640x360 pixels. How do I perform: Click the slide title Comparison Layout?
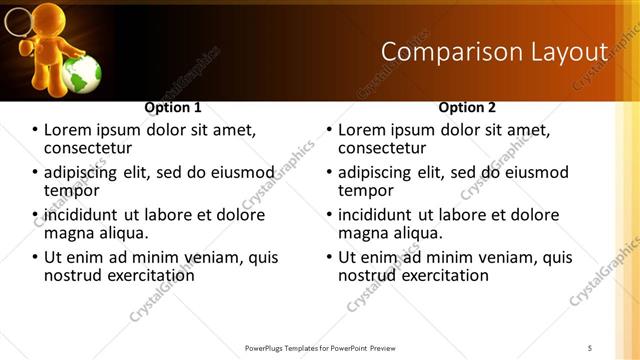495,51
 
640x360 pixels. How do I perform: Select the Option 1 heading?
173,107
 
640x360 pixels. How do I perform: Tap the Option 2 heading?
467,107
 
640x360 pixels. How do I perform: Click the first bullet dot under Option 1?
36,131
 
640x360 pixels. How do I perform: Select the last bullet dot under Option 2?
329,257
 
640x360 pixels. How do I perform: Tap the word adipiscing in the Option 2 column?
381,172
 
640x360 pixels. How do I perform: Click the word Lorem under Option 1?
69,130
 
